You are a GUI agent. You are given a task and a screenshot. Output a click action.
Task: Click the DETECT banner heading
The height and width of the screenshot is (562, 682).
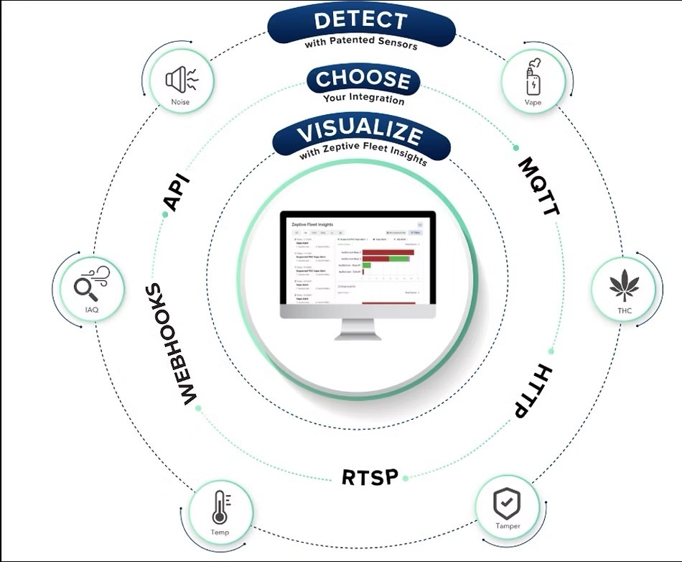point(361,21)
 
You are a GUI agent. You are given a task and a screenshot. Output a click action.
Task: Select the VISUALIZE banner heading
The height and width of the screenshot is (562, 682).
point(360,132)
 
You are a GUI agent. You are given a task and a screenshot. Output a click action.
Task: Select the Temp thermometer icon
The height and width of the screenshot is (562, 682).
point(220,507)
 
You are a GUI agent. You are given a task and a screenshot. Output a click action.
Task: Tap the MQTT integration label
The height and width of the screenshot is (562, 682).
point(538,186)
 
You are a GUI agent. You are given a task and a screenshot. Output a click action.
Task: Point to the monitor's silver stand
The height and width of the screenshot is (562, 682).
point(357,328)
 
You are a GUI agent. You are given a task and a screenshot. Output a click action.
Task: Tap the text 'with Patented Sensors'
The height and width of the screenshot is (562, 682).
point(360,42)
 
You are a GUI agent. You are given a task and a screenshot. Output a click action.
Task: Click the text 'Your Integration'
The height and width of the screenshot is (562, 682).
point(363,98)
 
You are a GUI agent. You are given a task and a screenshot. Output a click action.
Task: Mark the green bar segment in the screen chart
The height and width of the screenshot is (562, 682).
point(398,258)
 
